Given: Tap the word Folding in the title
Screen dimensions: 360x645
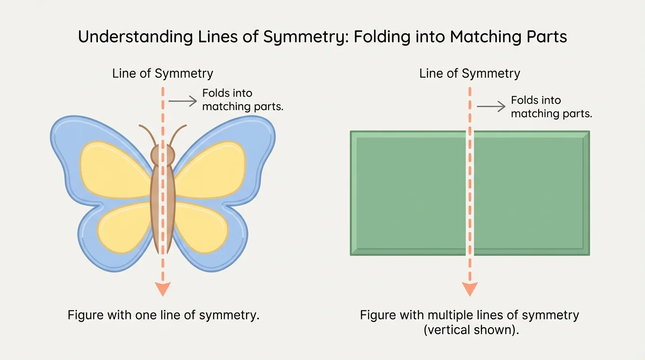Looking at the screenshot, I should tap(382, 37).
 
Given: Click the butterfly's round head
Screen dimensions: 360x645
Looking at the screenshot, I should tap(163, 154).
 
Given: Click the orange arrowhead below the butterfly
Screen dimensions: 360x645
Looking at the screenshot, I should tap(163, 289).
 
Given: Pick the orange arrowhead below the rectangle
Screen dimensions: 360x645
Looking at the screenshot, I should tap(470, 289).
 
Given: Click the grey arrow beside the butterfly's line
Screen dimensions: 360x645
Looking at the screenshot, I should tap(182, 101).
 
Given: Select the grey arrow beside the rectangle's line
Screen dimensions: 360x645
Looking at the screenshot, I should tap(491, 107).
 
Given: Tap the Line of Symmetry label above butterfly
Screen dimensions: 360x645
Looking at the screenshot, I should tap(163, 74).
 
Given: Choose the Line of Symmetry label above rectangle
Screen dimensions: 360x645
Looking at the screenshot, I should tap(470, 74).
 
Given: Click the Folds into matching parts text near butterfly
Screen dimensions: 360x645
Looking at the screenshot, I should tap(242, 100).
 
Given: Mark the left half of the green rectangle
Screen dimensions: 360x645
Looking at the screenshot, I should tap(408, 193).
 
